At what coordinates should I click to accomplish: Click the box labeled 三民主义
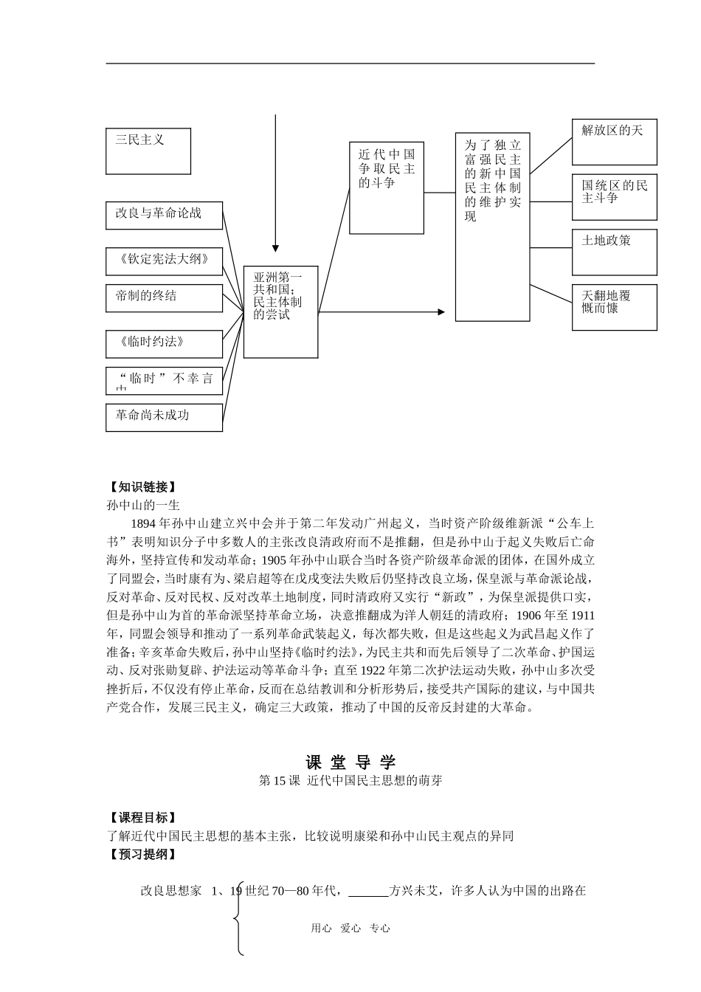point(148,151)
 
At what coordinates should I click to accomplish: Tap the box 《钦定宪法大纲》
point(164,261)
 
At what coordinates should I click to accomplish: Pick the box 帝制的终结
point(164,297)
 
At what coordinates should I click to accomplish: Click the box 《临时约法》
point(164,343)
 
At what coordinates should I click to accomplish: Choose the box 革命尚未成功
point(164,416)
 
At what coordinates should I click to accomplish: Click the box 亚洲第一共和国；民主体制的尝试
point(281,311)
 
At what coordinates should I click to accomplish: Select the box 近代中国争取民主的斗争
point(386,187)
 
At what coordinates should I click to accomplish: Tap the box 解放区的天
point(614,141)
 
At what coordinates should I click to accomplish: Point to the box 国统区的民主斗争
point(614,196)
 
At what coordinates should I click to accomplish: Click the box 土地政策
point(614,252)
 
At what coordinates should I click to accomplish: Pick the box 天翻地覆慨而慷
point(614,306)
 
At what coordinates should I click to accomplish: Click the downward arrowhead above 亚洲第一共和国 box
point(275,248)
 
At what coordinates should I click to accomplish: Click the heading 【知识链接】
point(141,487)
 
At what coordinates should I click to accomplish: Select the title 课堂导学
point(350,762)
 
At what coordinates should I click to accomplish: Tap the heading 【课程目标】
point(141,818)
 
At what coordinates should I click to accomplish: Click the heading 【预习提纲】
point(141,855)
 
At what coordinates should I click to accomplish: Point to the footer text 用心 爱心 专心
point(350,929)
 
